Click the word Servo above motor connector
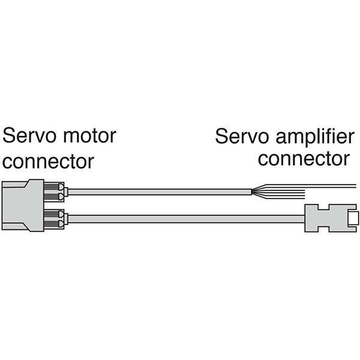coord(27,136)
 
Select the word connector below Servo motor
coord(49,161)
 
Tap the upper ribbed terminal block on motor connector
coord(55,192)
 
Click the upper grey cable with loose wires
coord(156,192)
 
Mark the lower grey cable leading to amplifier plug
coord(180,219)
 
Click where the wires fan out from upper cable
coord(255,191)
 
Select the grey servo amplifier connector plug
coord(327,217)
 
